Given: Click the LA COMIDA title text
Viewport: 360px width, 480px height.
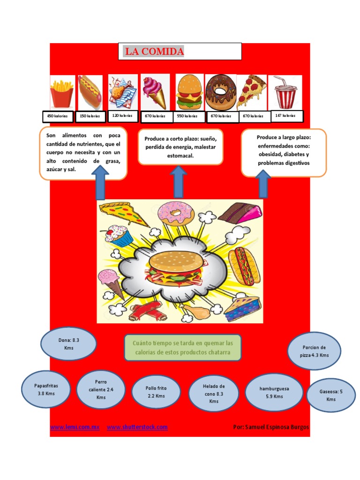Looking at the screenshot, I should pyautogui.click(x=154, y=52).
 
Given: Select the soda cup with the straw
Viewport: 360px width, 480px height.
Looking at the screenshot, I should pyautogui.click(x=285, y=93).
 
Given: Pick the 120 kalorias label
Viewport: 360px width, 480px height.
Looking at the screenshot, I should pyautogui.click(x=122, y=115).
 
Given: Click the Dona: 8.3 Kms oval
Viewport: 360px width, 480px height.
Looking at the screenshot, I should pyautogui.click(x=69, y=344).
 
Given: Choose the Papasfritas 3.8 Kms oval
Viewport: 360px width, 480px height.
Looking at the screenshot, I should pyautogui.click(x=46, y=390).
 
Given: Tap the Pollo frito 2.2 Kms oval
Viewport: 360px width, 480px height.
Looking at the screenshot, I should pyautogui.click(x=156, y=392).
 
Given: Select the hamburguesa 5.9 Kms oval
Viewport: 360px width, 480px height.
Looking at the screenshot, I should pyautogui.click(x=274, y=392).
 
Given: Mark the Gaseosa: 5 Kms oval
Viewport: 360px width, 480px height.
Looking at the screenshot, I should pyautogui.click(x=331, y=395).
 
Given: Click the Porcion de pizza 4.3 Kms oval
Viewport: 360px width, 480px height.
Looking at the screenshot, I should pyautogui.click(x=314, y=351).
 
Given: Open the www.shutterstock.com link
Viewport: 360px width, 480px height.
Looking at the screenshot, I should pyautogui.click(x=137, y=427).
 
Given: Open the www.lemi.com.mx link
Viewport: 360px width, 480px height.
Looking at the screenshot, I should pyautogui.click(x=75, y=427).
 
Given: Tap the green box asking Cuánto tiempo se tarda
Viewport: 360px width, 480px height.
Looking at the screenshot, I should pyautogui.click(x=183, y=348).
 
